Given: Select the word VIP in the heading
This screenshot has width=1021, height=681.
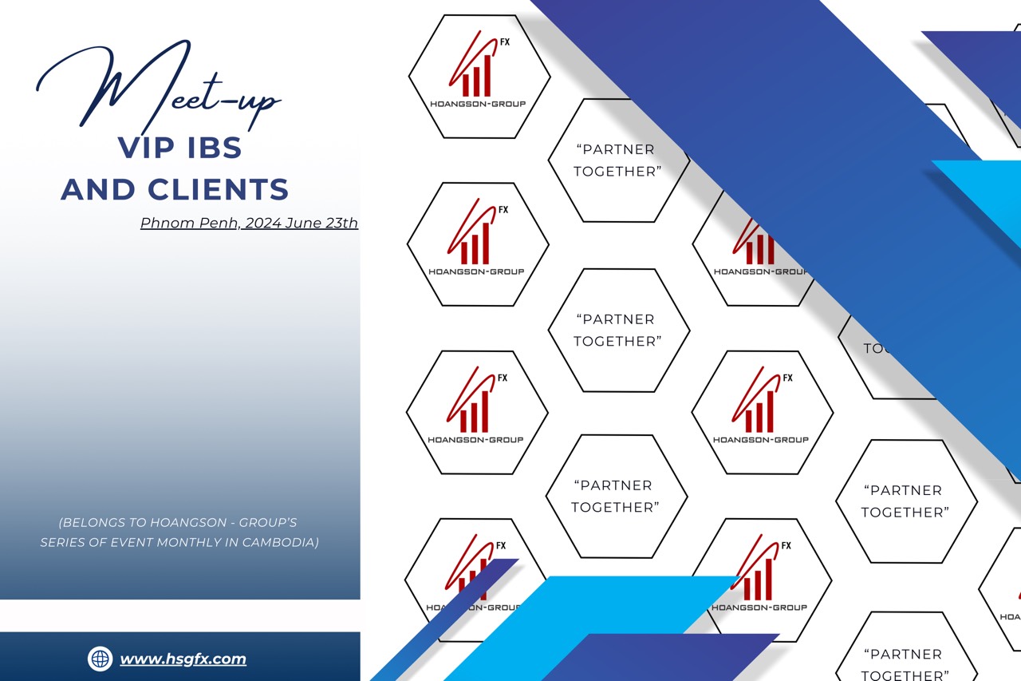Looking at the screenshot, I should pyautogui.click(x=147, y=148).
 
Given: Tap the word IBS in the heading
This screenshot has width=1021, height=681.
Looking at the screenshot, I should pyautogui.click(x=211, y=148).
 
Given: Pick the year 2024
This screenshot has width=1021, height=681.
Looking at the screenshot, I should pyautogui.click(x=263, y=224).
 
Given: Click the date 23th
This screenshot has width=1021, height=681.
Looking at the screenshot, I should pyautogui.click(x=342, y=224).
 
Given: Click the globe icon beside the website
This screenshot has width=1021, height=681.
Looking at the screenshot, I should pyautogui.click(x=100, y=659).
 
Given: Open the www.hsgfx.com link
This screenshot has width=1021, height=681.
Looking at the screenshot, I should pyautogui.click(x=183, y=659).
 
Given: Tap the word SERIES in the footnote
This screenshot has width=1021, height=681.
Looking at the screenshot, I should pyautogui.click(x=62, y=543).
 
